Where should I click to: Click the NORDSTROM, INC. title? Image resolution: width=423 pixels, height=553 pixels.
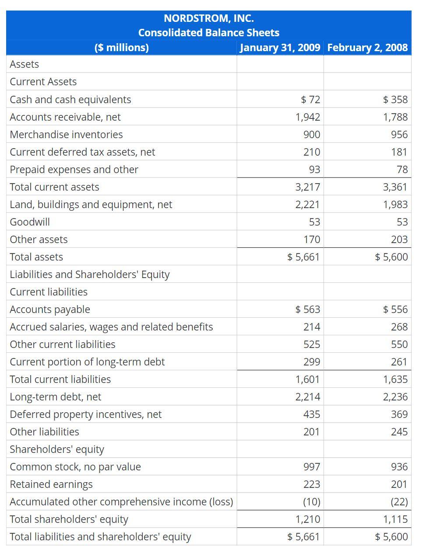(208, 18)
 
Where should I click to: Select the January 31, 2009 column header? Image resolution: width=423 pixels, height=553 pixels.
(280, 47)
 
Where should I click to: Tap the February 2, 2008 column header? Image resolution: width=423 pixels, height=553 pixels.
(367, 47)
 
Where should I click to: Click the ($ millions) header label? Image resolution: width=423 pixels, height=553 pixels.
(121, 47)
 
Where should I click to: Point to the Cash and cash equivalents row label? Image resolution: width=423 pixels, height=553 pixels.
(70, 100)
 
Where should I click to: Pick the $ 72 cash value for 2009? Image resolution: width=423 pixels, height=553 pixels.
(310, 100)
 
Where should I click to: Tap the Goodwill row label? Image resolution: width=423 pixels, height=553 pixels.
(30, 222)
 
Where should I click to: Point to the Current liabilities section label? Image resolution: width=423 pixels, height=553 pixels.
(49, 292)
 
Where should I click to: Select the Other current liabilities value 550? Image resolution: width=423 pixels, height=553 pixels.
(399, 344)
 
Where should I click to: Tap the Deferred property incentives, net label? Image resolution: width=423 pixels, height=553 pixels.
(86, 414)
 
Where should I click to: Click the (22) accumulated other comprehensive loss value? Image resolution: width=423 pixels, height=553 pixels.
(399, 502)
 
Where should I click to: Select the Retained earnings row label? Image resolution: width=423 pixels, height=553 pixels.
(51, 484)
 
